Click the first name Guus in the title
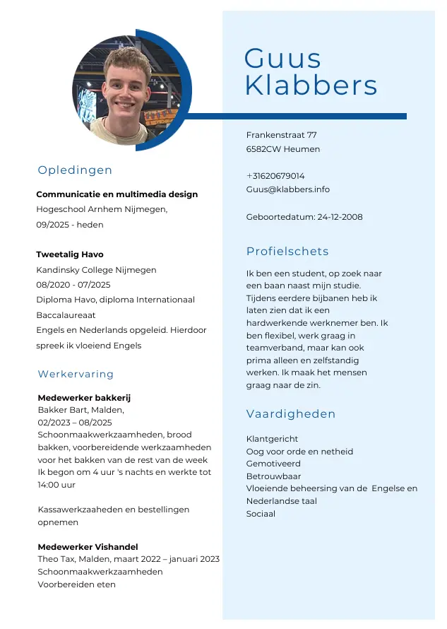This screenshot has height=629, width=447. [282, 59]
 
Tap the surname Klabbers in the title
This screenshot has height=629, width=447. [311, 86]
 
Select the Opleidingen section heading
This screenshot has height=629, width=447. [75, 170]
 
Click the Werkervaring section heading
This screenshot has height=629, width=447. [76, 374]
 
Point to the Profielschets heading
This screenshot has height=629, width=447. [287, 252]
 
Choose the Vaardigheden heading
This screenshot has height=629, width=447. [291, 414]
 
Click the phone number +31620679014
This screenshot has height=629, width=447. [275, 176]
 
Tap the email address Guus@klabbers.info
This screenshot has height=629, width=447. [287, 189]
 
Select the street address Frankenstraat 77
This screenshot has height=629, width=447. [281, 135]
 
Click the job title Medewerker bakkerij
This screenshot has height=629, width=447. [84, 398]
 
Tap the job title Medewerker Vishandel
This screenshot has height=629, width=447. [88, 547]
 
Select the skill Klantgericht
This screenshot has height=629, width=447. [272, 439]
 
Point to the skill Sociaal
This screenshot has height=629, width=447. [261, 514]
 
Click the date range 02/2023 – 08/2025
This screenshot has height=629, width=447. [75, 423]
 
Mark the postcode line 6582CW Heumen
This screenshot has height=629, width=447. [282, 149]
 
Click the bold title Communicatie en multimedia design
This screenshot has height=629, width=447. [117, 194]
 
